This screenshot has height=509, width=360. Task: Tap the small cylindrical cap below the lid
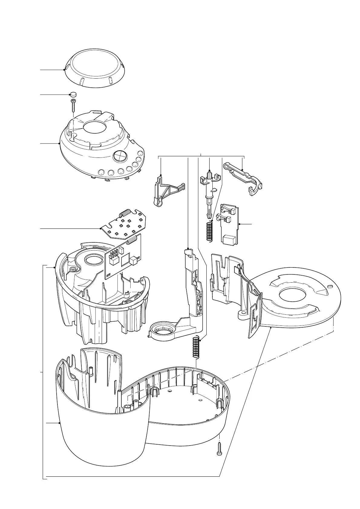point(73,94)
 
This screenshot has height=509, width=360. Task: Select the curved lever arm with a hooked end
point(244,177)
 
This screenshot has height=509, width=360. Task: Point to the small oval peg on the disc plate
point(330,285)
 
